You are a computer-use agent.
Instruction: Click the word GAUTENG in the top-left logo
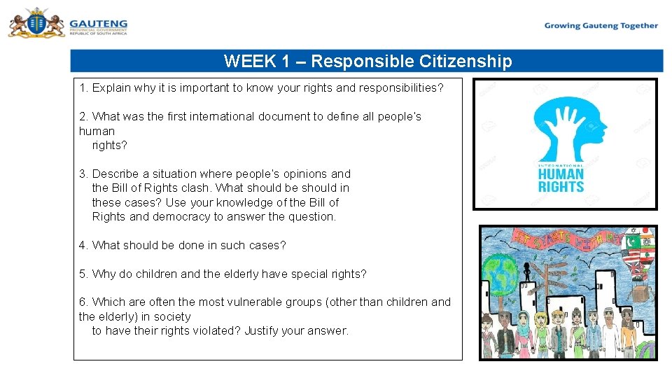98,22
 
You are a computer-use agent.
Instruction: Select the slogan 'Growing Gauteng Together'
601,26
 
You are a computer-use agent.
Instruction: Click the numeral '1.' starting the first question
83,88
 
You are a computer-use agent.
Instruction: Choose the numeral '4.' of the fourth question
83,245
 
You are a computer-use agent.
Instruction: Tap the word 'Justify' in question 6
262,330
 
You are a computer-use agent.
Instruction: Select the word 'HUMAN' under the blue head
561,174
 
